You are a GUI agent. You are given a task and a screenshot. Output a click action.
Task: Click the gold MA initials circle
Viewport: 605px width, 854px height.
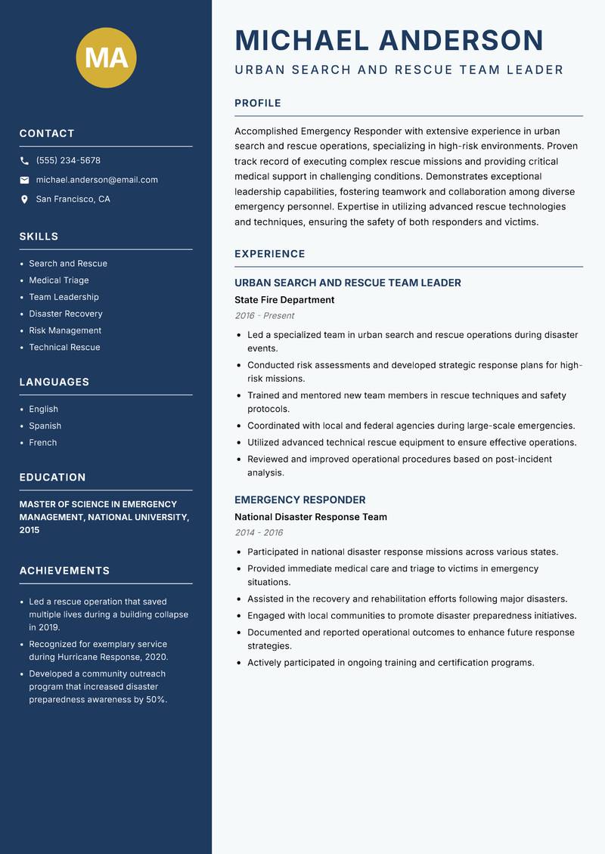(106, 57)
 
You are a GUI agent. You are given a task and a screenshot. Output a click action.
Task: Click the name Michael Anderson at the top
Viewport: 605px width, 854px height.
(389, 40)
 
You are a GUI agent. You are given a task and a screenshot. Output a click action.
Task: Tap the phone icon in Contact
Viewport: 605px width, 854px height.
(24, 161)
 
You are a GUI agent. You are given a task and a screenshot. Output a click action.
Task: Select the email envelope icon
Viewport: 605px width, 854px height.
(24, 180)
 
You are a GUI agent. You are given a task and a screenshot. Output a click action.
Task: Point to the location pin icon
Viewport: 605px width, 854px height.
(24, 200)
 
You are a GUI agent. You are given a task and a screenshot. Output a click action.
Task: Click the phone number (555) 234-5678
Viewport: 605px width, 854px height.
(68, 161)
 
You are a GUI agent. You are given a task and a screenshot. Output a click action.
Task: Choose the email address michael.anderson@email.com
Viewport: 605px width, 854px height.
(97, 180)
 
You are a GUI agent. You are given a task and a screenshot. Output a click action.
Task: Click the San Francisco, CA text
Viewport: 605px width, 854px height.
(73, 200)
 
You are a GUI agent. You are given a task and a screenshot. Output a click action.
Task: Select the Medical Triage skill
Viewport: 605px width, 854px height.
(59, 280)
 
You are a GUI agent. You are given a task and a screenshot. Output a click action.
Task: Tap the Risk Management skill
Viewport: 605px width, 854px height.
(65, 330)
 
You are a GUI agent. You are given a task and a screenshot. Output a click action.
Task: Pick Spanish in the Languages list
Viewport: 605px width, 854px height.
(45, 426)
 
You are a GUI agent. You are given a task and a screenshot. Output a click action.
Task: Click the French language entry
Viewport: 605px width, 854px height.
(43, 443)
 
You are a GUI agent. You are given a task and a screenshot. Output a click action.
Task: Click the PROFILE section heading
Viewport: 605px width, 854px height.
(258, 104)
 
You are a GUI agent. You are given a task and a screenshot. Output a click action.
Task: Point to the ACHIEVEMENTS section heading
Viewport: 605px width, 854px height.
(64, 571)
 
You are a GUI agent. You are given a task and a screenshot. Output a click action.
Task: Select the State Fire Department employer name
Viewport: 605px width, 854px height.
(284, 300)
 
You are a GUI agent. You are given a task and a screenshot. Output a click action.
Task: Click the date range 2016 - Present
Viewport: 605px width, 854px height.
(265, 316)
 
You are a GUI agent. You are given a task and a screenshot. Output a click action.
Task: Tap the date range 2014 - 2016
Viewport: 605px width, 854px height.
(259, 533)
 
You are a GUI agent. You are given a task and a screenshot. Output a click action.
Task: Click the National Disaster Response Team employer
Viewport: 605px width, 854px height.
(311, 517)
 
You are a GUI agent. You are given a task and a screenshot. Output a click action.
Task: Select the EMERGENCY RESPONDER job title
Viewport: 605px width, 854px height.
(300, 500)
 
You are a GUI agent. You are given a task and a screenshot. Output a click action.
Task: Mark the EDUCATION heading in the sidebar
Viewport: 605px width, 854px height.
(52, 478)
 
